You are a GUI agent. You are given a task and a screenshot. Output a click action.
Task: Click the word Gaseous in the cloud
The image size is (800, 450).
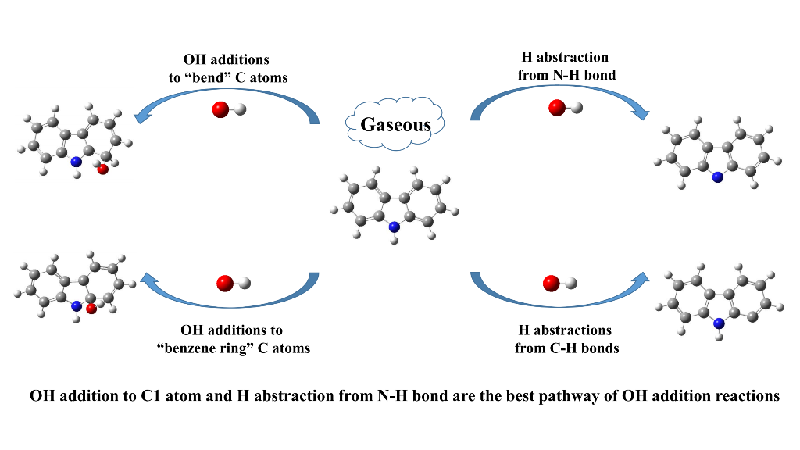[395, 124]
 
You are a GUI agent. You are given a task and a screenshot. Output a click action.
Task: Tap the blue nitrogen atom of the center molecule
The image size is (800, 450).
[394, 227]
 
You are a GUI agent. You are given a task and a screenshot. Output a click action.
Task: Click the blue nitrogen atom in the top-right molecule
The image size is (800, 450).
[717, 178]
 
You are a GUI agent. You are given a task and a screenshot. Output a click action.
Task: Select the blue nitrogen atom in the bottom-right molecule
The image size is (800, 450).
[718, 322]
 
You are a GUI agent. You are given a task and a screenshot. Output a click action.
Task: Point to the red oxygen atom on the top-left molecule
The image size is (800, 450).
[103, 170]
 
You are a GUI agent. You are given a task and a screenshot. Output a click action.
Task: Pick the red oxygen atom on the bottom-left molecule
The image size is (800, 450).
[91, 309]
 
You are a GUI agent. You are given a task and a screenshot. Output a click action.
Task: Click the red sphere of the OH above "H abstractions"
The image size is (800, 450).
[553, 284]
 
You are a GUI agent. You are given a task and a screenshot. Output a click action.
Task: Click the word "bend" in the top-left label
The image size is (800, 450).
[212, 75]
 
